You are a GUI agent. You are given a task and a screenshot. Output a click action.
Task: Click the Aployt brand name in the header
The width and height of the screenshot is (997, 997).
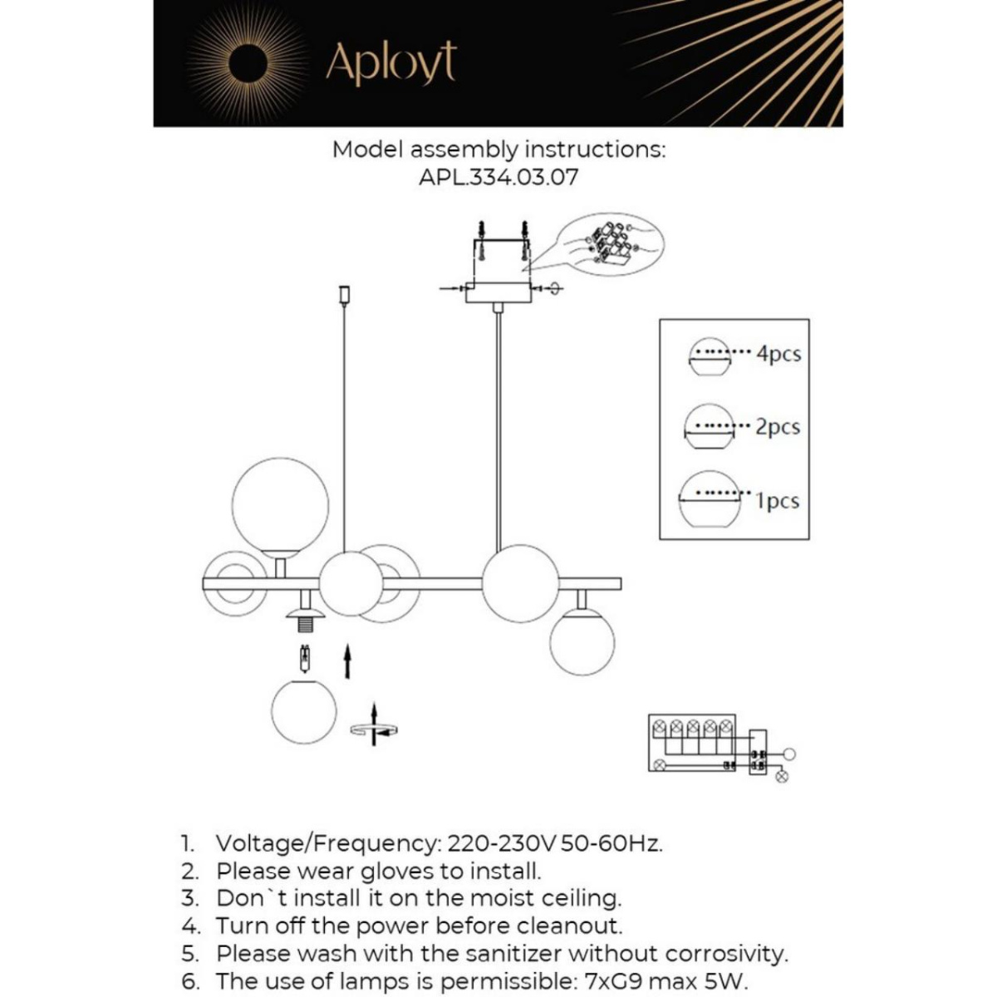390,62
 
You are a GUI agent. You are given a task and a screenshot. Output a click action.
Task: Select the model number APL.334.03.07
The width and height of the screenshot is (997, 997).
498,177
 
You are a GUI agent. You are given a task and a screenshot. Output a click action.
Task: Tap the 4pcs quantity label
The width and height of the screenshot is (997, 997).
778,354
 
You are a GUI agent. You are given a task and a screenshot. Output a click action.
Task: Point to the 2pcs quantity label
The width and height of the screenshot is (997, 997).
778,427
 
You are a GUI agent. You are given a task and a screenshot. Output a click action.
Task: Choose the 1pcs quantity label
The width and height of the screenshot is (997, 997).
778,501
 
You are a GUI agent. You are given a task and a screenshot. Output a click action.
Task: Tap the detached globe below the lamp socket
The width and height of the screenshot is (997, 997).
305,711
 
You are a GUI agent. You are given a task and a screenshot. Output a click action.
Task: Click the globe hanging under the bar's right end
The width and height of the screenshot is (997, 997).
582,641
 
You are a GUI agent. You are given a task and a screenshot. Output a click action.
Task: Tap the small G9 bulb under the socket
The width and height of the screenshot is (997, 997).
306,661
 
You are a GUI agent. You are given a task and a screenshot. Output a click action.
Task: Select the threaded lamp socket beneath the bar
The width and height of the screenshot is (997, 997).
306,619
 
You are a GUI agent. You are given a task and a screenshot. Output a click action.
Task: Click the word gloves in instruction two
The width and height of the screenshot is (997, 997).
398,871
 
